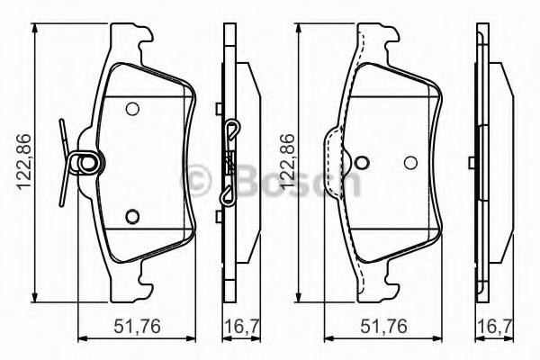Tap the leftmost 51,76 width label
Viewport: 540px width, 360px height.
(x=137, y=326)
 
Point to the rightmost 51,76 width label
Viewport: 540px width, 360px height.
(x=384, y=326)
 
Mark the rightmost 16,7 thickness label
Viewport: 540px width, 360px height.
(x=495, y=326)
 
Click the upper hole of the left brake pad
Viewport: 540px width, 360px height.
(x=132, y=109)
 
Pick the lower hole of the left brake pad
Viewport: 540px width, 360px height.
(x=132, y=216)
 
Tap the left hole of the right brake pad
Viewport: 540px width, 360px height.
(x=362, y=163)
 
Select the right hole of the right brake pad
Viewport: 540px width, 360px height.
(x=411, y=163)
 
